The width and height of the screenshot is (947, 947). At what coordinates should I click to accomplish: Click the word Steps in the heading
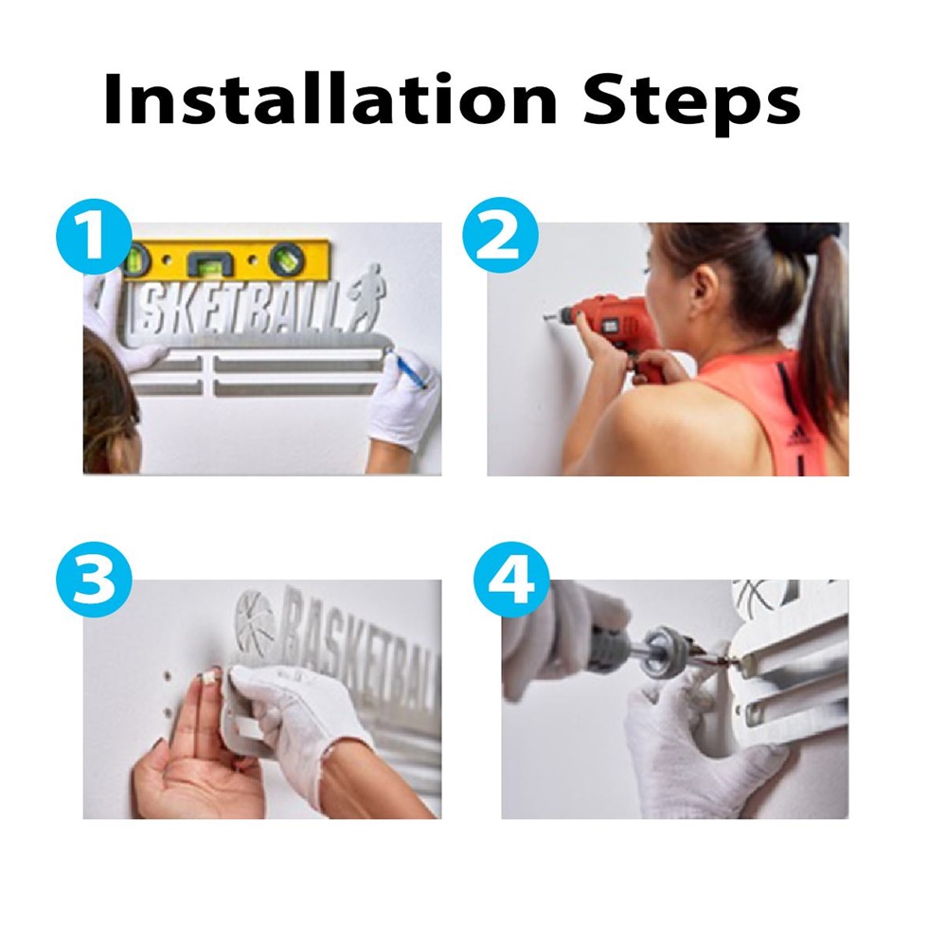[x=691, y=102]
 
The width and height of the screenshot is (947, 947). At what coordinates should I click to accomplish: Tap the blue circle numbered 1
[x=94, y=237]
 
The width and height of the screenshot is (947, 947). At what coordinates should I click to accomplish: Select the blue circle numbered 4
[x=512, y=579]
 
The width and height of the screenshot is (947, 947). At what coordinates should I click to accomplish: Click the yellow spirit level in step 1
[x=226, y=261]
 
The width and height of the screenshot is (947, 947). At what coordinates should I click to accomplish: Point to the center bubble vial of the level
[x=208, y=264]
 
